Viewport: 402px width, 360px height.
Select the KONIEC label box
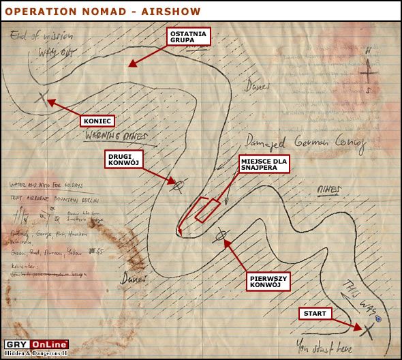pos(96,121)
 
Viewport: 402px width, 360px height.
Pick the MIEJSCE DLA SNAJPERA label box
pos(264,164)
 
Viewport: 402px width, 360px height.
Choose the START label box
pos(315,314)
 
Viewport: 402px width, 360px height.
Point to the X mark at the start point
pos(368,331)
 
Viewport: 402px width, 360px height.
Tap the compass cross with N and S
pos(367,70)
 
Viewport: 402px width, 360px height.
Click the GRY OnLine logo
pos(35,345)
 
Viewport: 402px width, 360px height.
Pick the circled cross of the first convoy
pos(220,237)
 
